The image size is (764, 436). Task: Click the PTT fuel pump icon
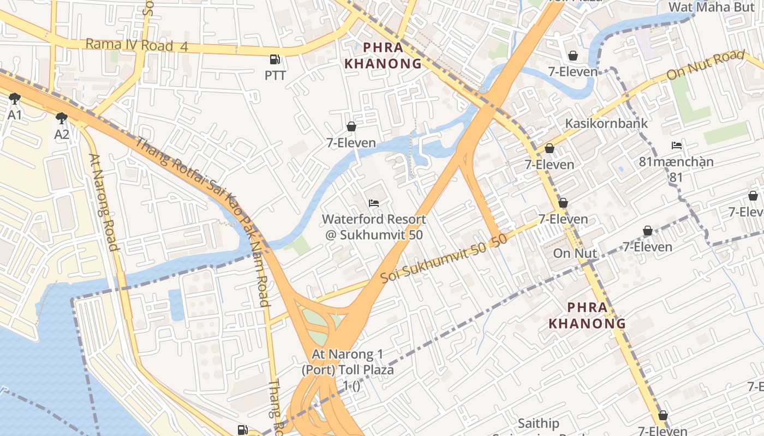point(274,59)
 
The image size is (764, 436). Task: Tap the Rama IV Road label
point(136,45)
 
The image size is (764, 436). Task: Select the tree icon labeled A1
point(15,99)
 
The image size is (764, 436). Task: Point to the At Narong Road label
point(104,202)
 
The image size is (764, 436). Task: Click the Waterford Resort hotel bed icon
point(374,203)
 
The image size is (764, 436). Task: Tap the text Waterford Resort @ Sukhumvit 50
point(374,227)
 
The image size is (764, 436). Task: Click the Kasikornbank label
point(606,123)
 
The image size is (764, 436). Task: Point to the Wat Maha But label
point(707,7)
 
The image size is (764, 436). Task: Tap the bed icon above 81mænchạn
point(677,146)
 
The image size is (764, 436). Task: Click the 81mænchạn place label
point(676,162)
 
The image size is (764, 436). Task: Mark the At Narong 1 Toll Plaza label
point(348,370)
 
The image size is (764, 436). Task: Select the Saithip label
point(538,423)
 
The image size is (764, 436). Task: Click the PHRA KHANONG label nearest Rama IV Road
point(383,55)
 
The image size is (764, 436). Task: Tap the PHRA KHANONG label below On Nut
point(587,316)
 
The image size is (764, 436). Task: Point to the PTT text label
point(275,76)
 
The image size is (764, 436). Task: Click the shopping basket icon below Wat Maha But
point(573,56)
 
